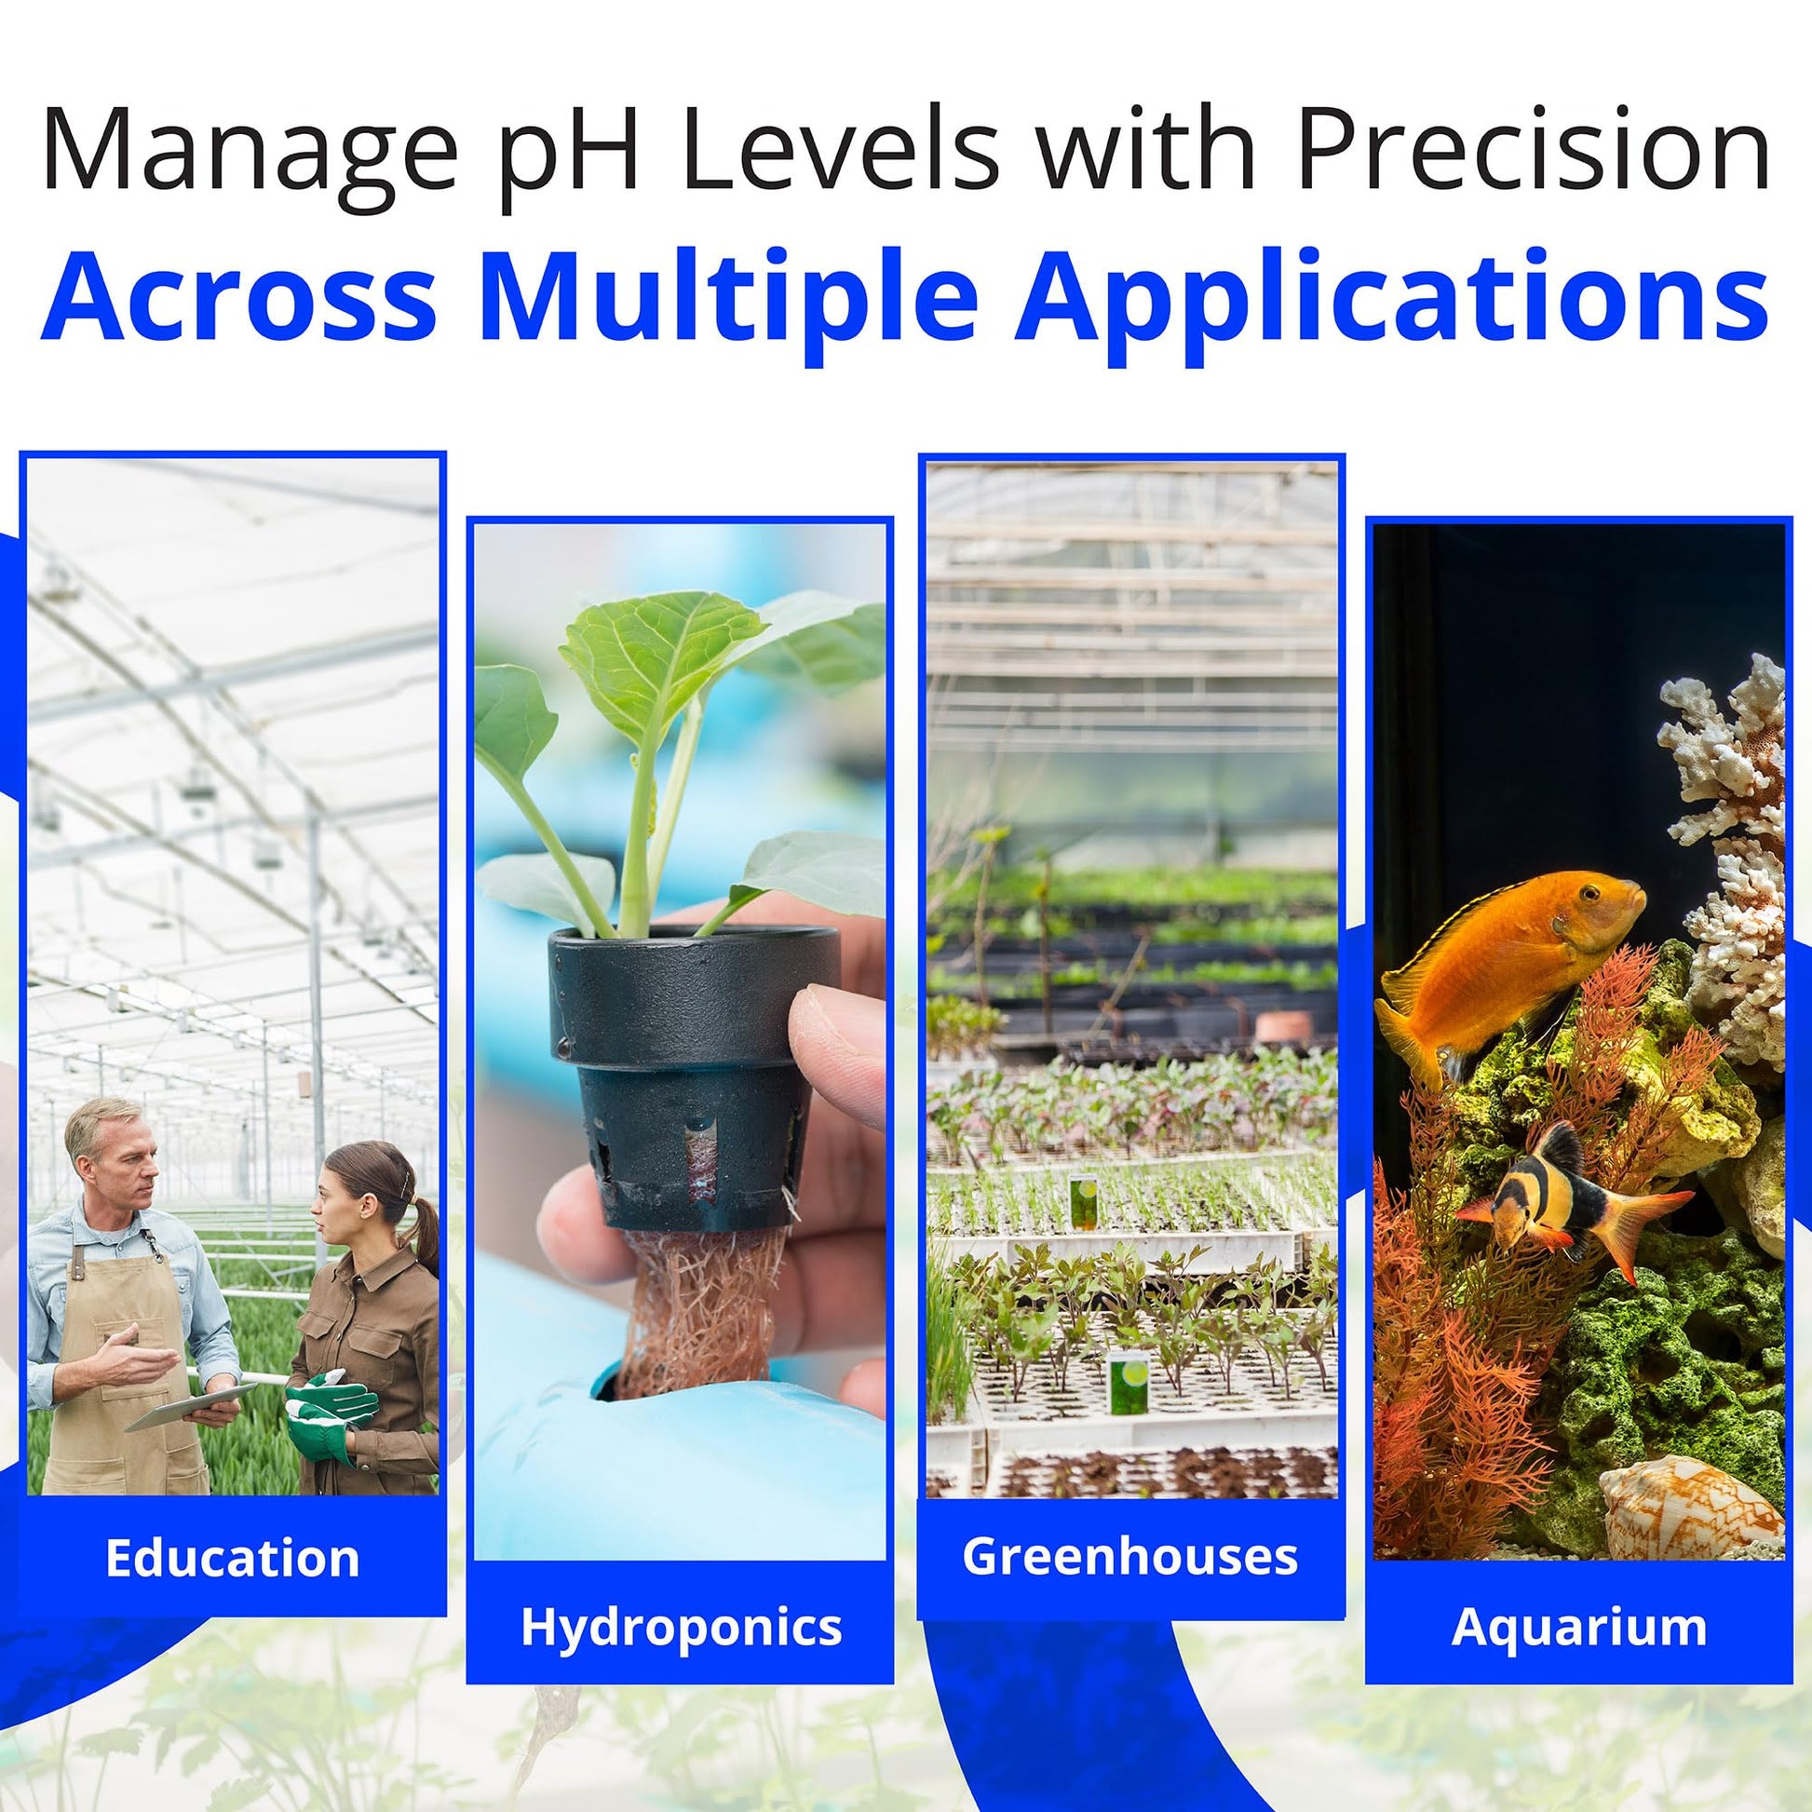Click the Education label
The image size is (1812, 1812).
[233, 1559]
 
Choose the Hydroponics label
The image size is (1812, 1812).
[681, 1629]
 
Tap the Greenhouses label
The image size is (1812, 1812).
[1130, 1556]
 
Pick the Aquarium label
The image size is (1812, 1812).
[1579, 1629]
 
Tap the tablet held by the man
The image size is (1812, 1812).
[190, 1406]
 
